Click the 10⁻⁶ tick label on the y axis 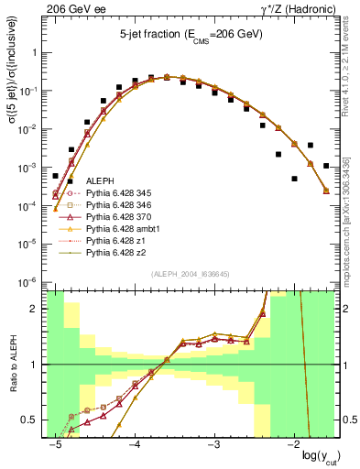[29, 281]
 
